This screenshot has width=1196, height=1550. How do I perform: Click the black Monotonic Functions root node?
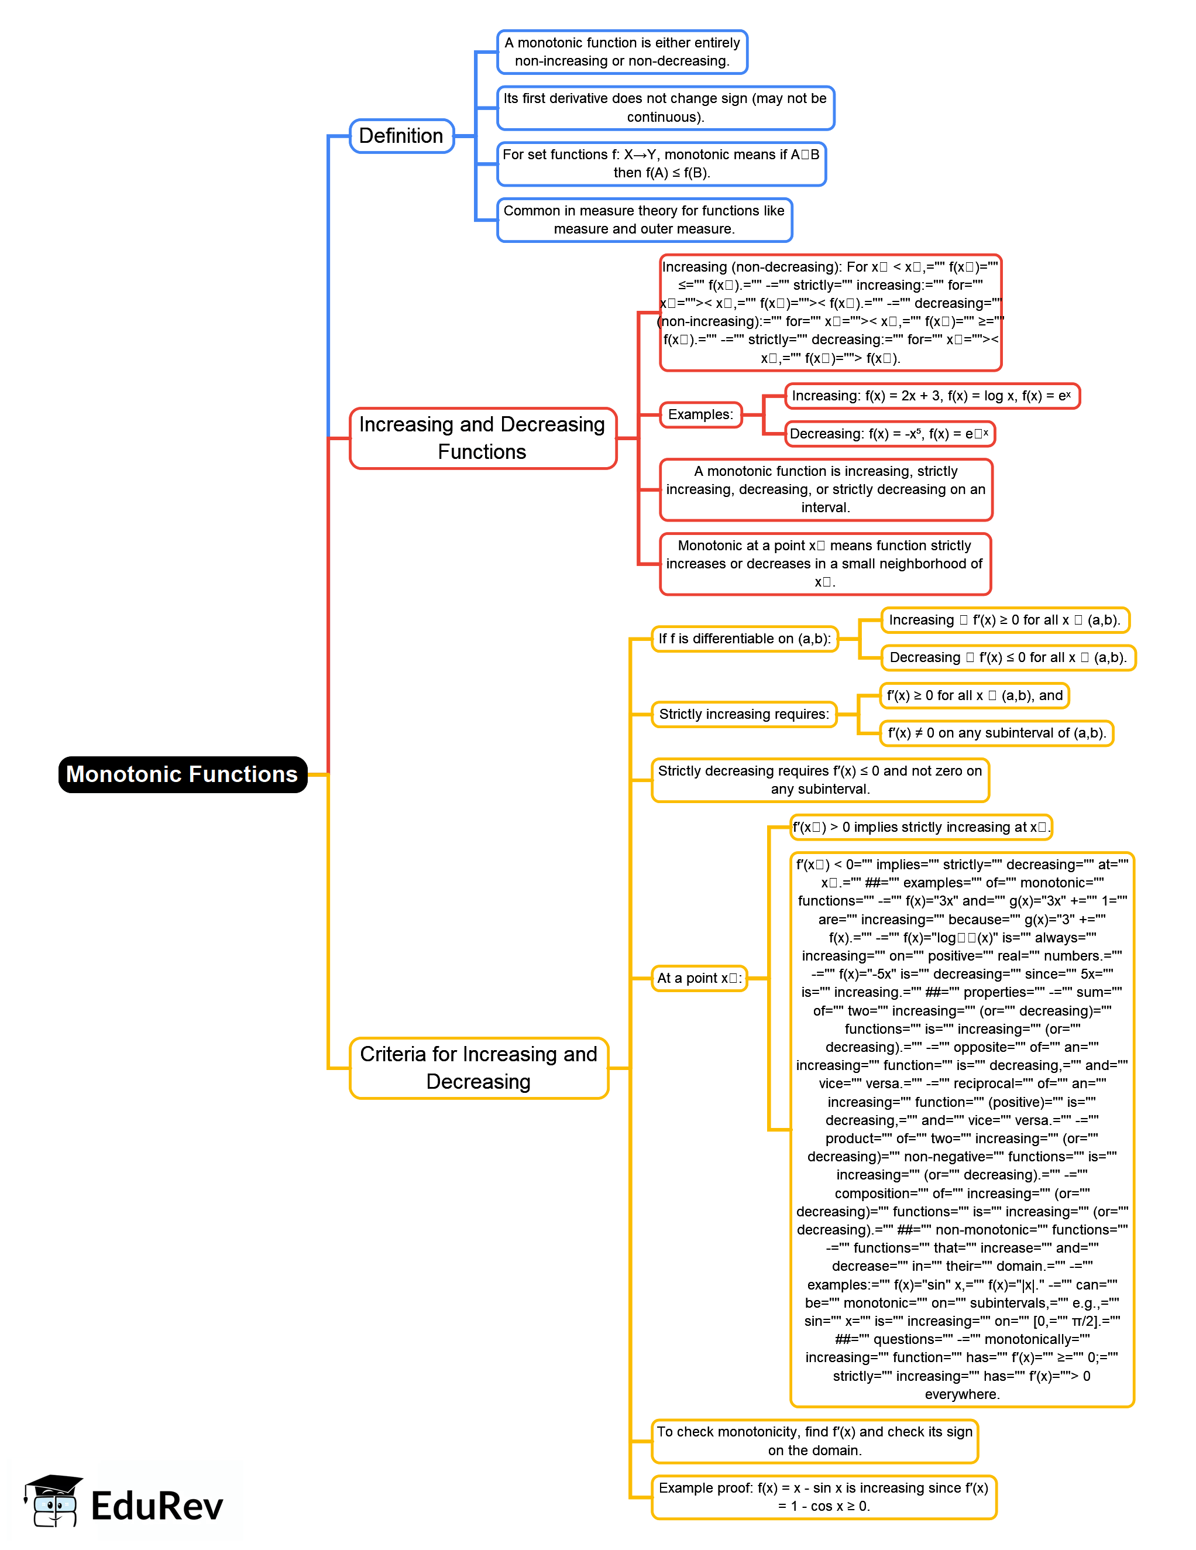183,774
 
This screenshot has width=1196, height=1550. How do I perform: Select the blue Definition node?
401,136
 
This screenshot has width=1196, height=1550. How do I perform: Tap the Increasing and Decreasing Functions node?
482,438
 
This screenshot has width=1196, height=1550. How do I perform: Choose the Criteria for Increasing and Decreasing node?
479,1068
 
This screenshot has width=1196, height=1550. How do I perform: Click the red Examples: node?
700,414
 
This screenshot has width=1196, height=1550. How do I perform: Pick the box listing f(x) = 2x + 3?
932,396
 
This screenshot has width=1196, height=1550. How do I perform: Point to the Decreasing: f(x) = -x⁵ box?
889,434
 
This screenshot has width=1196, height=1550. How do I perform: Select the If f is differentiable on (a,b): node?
744,639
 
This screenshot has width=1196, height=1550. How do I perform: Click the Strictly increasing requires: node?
744,714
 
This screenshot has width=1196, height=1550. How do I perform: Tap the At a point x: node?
699,978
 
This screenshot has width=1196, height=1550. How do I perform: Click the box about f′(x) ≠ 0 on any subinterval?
996,733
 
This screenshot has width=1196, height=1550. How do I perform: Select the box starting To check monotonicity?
814,1441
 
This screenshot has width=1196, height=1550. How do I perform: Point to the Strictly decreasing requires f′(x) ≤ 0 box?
819,780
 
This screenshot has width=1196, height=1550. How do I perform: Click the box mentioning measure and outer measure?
644,220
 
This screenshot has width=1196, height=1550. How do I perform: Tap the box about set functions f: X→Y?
661,164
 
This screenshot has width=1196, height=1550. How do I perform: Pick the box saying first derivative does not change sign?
665,108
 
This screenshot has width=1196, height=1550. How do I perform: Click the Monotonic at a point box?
824,564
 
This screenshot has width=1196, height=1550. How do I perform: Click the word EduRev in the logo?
157,1506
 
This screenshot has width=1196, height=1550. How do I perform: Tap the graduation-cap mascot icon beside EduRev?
53,1500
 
